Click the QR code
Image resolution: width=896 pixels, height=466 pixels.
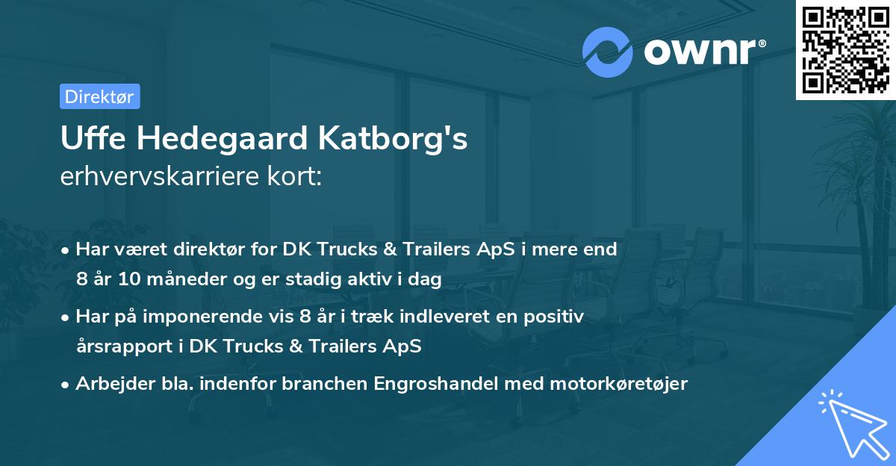(x=846, y=50)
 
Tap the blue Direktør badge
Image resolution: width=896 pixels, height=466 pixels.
(x=99, y=96)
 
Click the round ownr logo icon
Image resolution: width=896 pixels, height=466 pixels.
(x=607, y=52)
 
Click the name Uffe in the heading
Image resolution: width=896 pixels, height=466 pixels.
(x=87, y=140)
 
